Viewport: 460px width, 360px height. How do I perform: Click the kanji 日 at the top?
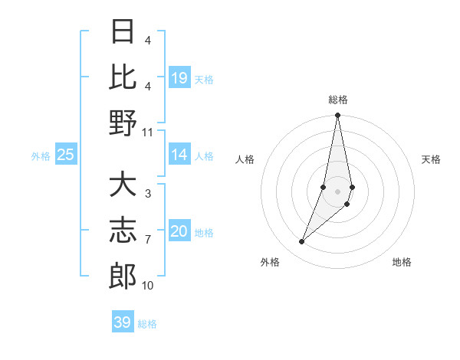point(123,32)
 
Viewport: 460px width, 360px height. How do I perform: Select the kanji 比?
point(123,77)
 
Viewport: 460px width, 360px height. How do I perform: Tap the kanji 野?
point(123,123)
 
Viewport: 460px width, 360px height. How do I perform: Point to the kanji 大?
point(123,185)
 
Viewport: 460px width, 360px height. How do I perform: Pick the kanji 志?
point(123,231)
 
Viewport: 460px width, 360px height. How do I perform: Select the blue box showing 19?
point(179,78)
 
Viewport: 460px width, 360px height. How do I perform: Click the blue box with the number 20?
point(179,231)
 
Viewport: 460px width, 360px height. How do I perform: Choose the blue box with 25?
point(66,155)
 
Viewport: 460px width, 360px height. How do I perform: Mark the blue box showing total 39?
point(123,322)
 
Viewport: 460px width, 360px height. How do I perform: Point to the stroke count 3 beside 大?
point(147,194)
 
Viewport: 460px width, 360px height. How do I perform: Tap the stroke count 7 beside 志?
point(147,240)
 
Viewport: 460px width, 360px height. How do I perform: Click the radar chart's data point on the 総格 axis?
point(337,116)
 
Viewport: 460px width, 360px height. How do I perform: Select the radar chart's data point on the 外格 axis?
point(302,242)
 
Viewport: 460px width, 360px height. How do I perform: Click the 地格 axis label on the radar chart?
point(402,263)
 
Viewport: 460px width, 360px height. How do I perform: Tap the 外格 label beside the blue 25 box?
point(41,156)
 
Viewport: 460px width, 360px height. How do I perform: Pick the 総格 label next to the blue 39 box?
point(147,324)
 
